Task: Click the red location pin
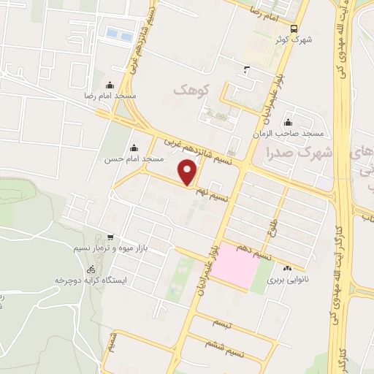coord(188,173)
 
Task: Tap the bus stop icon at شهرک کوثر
coord(293,28)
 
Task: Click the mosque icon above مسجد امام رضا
coord(110,85)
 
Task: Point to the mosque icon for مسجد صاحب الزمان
coord(289,123)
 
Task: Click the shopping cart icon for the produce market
coord(110,237)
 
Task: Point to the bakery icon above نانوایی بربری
coord(287,268)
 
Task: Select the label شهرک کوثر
coord(295,40)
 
